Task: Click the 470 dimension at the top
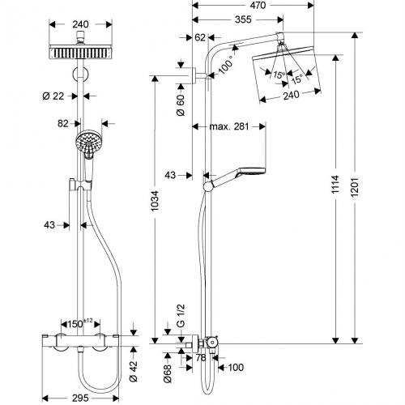click(x=258, y=6)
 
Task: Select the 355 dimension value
click(x=243, y=19)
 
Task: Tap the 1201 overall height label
click(x=355, y=187)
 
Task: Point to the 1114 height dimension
click(x=335, y=185)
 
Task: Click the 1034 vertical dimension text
click(x=155, y=201)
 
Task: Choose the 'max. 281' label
click(x=229, y=126)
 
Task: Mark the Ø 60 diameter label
click(x=181, y=105)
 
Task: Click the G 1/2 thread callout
click(x=181, y=316)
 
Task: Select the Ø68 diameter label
click(x=168, y=373)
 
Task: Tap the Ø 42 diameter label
click(x=134, y=371)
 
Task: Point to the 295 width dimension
click(x=80, y=398)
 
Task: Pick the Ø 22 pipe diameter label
click(x=53, y=96)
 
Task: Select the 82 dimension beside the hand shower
click(x=63, y=124)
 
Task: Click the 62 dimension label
click(x=200, y=37)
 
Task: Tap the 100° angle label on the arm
click(x=226, y=65)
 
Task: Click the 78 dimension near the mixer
click(x=201, y=358)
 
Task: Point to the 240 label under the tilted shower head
click(x=291, y=95)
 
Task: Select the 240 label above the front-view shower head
click(x=80, y=24)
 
